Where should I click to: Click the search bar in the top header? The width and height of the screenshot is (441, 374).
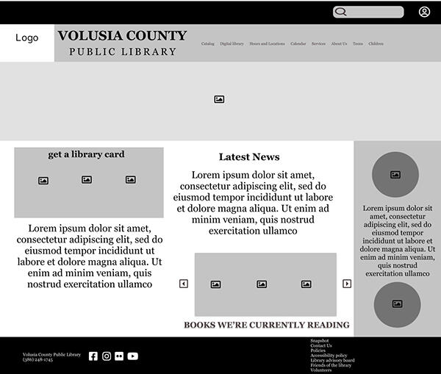pos(368,12)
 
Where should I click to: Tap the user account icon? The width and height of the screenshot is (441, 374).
pos(424,12)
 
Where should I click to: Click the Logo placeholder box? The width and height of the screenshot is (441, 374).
pos(27,38)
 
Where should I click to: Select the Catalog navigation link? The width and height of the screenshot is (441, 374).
pos(208,44)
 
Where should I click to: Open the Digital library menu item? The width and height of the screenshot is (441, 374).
pos(232,44)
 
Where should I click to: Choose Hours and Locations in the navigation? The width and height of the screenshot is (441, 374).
pos(267,44)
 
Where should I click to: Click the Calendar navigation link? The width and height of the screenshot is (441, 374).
pos(298,44)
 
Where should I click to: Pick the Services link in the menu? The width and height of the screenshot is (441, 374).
pos(318,44)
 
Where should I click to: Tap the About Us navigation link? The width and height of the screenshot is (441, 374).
pos(339,44)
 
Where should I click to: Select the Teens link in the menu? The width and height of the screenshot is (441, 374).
pos(357,44)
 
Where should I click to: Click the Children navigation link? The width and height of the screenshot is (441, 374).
pos(376,44)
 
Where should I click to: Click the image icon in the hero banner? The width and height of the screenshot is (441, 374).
pos(219,99)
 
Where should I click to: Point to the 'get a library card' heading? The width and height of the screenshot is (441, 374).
pos(86,154)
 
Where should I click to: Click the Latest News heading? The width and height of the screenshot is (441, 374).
pos(249,157)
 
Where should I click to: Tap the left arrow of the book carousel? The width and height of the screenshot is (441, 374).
pos(184,284)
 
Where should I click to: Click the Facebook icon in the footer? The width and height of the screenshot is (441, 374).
pos(93,356)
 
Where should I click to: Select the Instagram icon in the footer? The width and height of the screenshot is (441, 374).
pos(107,356)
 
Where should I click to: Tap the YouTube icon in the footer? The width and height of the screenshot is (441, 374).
pos(132,356)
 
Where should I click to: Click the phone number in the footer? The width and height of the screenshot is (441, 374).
pos(37,360)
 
